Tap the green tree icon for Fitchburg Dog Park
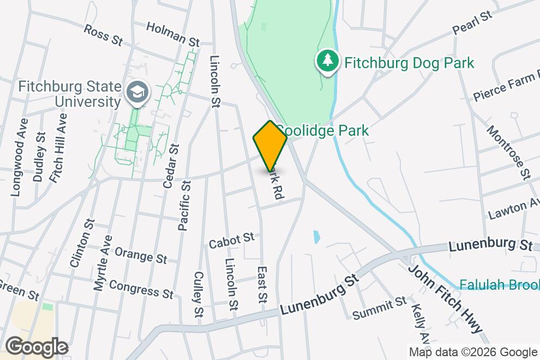point(327,61)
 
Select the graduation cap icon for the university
point(134,92)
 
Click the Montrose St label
point(508,152)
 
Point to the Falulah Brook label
point(499,285)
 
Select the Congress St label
point(141,289)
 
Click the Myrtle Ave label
point(103,262)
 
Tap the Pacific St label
point(184,207)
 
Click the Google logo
point(37,347)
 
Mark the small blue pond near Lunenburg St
point(316,237)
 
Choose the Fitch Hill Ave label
point(58,147)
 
